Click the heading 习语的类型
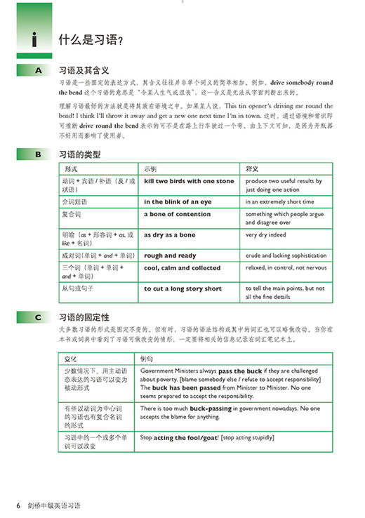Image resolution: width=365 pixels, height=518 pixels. pyautogui.click(x=81, y=154)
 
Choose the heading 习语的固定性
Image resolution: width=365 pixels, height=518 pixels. pyautogui.click(x=86, y=317)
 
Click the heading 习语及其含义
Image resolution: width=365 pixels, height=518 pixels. pyautogui.click(x=86, y=70)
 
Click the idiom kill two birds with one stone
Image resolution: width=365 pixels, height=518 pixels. pyautogui.click(x=189, y=181)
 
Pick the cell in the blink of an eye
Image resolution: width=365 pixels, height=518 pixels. pyautogui.click(x=178, y=201)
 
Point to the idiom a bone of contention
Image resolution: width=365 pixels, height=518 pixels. pyautogui.click(x=177, y=214)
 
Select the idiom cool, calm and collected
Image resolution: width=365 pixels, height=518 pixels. pyautogui.click(x=182, y=268)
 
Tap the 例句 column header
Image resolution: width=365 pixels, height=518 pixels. pyautogui.click(x=147, y=359)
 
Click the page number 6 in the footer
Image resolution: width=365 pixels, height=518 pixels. pyautogui.click(x=19, y=505)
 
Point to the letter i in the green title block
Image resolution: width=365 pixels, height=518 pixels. pyautogui.click(x=34, y=41)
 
